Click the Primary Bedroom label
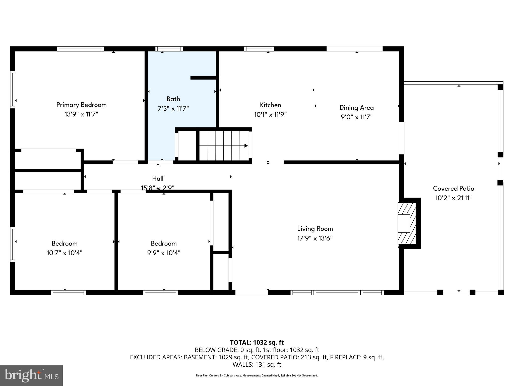point(81,105)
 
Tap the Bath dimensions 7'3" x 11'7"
point(173,109)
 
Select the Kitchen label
point(270,105)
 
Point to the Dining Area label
point(356,108)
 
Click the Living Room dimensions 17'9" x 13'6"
point(315,238)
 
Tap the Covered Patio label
point(453,188)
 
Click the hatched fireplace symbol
point(407,223)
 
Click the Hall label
point(158,178)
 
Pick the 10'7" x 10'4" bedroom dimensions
point(65,253)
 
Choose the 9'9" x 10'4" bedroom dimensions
point(164,253)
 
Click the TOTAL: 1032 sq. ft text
point(257,343)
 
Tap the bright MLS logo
point(31,375)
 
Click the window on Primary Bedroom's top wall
point(80,49)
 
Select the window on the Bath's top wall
point(169,49)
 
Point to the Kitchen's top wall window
point(259,49)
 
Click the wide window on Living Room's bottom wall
point(337,293)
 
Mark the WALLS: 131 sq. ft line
point(257,364)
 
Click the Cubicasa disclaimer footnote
point(257,376)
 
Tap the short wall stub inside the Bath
point(204,78)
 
